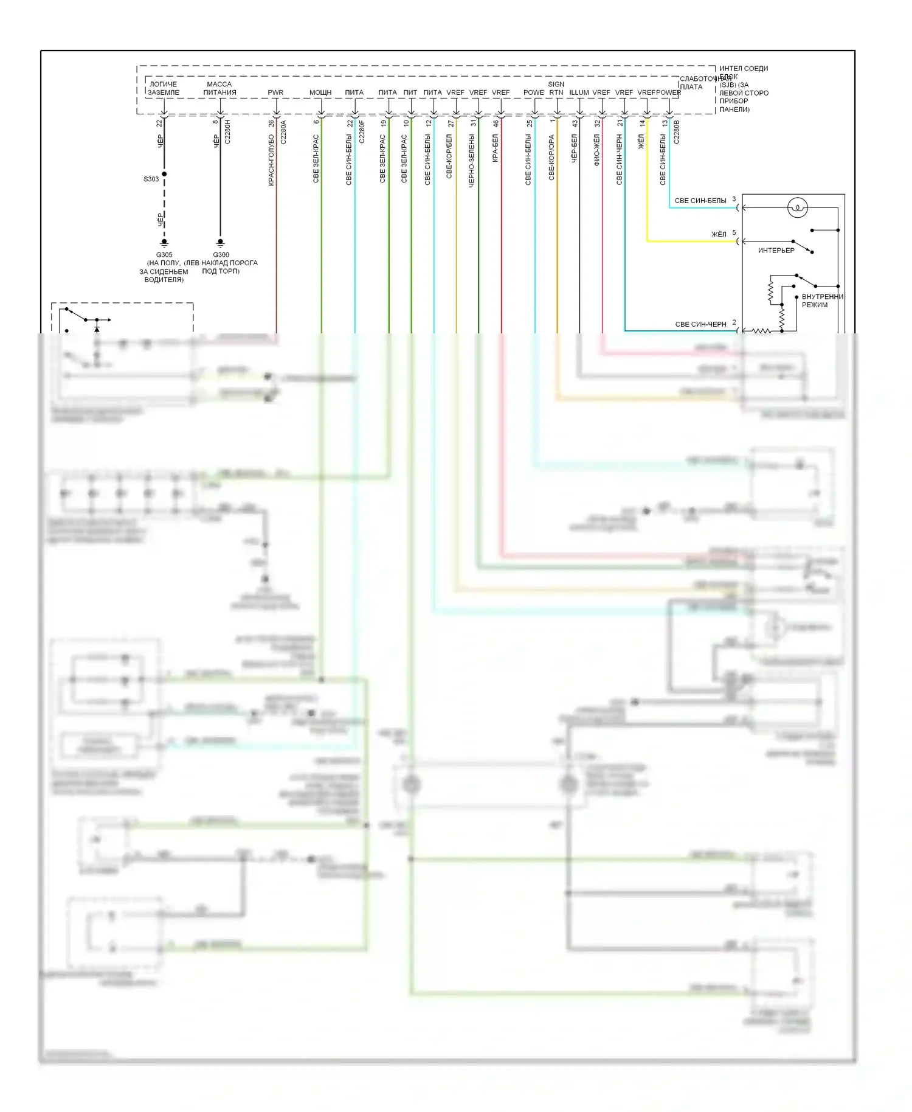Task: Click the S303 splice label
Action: click(151, 179)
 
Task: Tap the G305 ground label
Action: click(164, 255)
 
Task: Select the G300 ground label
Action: click(221, 255)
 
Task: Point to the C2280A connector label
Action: click(283, 132)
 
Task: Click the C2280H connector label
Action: click(227, 131)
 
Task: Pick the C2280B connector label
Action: click(677, 132)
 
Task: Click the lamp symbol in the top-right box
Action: click(797, 208)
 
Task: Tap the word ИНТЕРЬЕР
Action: click(776, 251)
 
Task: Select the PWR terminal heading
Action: click(275, 92)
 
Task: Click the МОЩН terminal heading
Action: click(320, 92)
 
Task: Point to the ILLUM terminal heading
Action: click(579, 92)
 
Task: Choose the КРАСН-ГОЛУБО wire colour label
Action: click(271, 159)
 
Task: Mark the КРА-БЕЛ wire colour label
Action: click(495, 148)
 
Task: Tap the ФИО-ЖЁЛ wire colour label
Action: click(596, 150)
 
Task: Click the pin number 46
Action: click(496, 123)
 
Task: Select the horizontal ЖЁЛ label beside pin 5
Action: click(719, 234)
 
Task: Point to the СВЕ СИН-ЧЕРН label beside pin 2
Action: click(700, 324)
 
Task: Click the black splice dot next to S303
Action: click(164, 174)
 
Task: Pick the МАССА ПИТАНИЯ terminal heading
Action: click(219, 88)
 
